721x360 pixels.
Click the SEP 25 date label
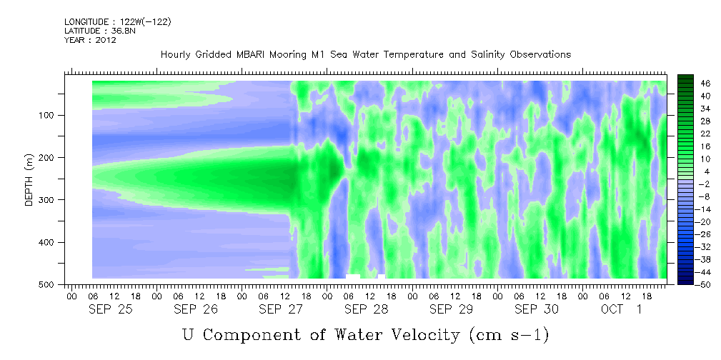(111, 309)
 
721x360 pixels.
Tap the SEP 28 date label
(367, 309)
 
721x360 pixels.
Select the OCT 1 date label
(621, 309)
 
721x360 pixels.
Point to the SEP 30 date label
(537, 309)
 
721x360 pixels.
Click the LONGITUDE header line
(118, 21)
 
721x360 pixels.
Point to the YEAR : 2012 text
(90, 40)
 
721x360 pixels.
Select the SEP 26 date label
(196, 309)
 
